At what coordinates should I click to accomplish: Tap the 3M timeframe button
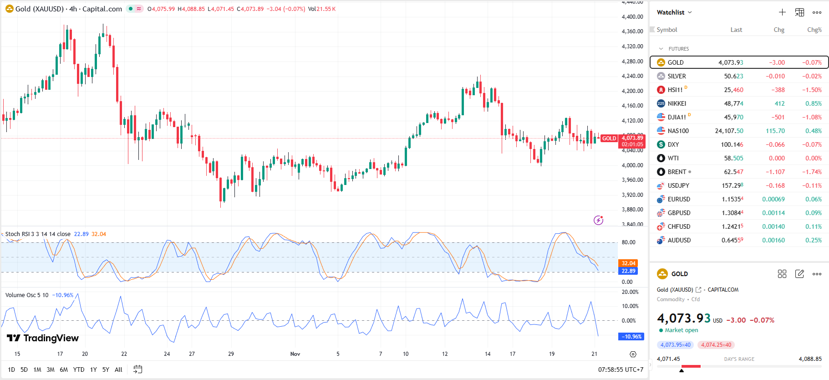[x=51, y=370]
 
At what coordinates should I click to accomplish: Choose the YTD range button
[x=79, y=370]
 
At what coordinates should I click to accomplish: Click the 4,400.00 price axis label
[x=632, y=17]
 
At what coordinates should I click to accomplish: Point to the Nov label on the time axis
[x=295, y=354]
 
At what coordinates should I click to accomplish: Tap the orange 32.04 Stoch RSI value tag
[x=628, y=263]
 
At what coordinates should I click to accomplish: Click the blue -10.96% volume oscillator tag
[x=631, y=337]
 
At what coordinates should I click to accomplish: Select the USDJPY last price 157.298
[x=732, y=185]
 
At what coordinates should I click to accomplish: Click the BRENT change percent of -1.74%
[x=812, y=172]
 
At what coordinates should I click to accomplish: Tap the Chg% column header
[x=814, y=30]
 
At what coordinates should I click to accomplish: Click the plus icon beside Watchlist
[x=782, y=12]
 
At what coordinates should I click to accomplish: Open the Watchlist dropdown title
[x=674, y=12]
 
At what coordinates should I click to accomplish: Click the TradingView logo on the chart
[x=43, y=338]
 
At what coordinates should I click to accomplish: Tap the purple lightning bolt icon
[x=599, y=221]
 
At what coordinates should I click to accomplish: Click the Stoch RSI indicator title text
[x=37, y=234]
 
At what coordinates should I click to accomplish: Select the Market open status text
[x=681, y=330]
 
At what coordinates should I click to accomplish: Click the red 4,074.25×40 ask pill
[x=716, y=345]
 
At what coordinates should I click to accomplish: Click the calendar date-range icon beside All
[x=138, y=370]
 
